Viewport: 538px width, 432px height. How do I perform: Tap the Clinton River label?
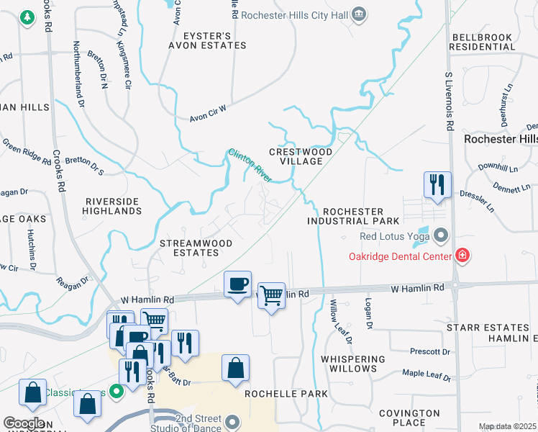pos(250,165)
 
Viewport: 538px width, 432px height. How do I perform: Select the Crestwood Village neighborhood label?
pos(301,156)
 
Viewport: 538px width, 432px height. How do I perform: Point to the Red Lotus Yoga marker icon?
pos(440,236)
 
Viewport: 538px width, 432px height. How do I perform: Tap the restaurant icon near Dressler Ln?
pos(437,185)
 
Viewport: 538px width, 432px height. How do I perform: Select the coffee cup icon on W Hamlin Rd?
pos(237,284)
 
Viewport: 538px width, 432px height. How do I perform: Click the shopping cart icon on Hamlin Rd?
pos(271,294)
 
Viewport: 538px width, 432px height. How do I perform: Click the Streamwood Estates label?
pos(196,248)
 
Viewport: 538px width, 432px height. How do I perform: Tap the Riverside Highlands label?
pos(113,206)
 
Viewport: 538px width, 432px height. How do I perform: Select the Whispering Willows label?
pos(353,364)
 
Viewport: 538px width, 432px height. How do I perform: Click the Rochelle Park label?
pos(286,394)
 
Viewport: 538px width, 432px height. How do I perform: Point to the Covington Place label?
pos(410,418)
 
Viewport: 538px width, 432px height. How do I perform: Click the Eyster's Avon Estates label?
pos(207,40)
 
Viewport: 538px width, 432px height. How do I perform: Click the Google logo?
pos(24,423)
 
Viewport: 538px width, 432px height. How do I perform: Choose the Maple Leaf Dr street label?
pos(426,376)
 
